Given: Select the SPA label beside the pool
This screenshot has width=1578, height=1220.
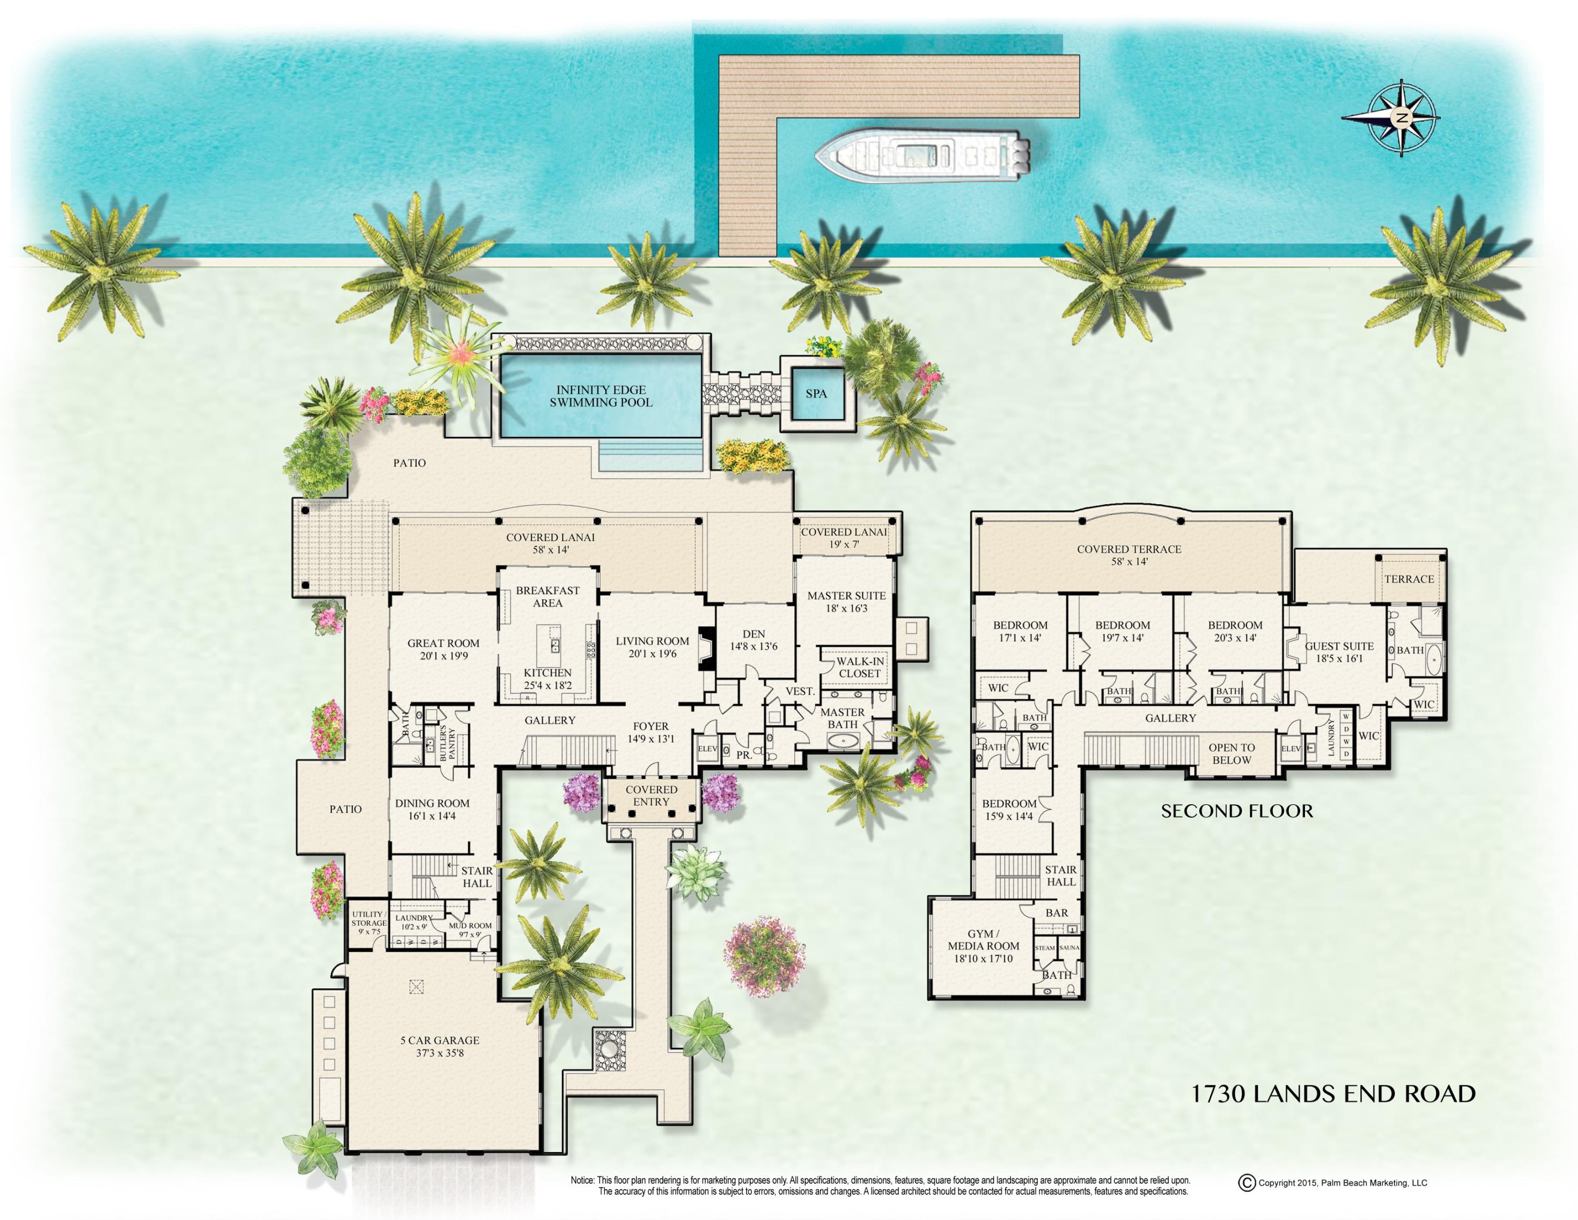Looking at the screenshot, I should coord(816,394).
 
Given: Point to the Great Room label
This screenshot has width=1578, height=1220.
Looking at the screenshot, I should coord(443,649).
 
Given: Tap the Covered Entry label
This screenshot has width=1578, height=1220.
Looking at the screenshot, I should coord(651,795).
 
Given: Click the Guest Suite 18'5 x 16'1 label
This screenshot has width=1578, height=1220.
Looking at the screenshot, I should coord(1339,652).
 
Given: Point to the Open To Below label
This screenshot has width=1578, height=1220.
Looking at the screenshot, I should coord(1231,754).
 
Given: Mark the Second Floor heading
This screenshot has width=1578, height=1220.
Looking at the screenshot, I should coord(1237,811).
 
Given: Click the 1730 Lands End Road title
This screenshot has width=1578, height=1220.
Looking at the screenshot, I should coord(1332,1094).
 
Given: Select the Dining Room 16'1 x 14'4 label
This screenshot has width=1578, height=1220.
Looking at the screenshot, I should coord(432,809).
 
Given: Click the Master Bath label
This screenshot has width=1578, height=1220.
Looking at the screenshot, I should coord(843,718).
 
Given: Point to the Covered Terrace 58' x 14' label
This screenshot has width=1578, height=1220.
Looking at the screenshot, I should coord(1129,555).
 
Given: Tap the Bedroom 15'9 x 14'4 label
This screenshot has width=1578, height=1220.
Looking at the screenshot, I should coord(1009,809).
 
